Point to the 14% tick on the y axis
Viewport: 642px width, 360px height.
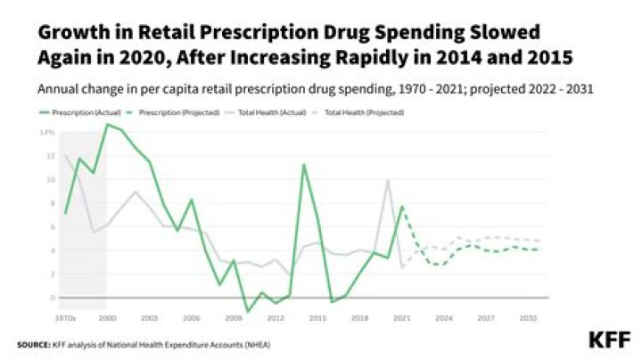click(x=46, y=133)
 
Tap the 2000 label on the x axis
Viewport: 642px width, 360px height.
click(x=107, y=317)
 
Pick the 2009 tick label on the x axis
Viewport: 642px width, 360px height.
click(x=234, y=317)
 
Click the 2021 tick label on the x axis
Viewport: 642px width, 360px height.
click(x=402, y=317)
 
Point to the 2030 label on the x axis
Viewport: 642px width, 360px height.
click(x=529, y=317)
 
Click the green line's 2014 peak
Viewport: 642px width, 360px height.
click(x=304, y=165)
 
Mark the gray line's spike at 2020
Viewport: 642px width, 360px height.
click(x=388, y=181)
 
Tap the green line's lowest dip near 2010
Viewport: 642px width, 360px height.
click(x=248, y=311)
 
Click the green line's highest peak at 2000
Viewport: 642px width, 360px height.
click(x=107, y=125)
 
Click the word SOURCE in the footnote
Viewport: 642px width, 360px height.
click(x=32, y=344)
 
